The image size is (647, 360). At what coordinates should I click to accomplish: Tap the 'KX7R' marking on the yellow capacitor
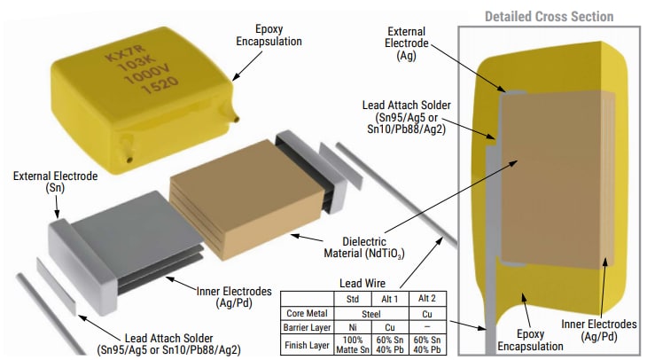[x=120, y=58]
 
